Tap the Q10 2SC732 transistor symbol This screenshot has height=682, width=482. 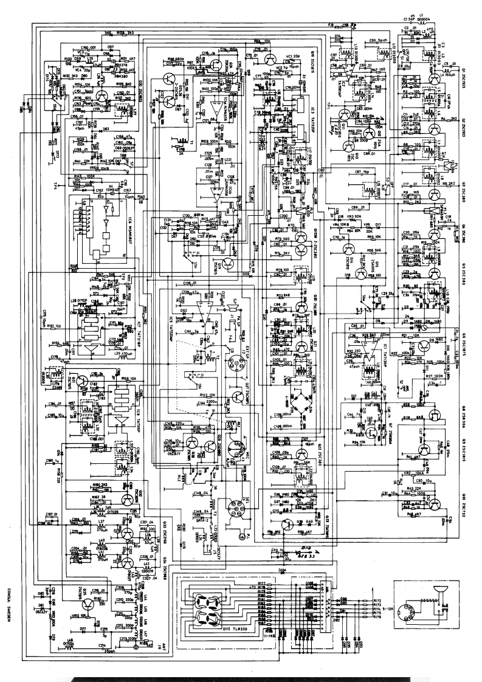point(435,503)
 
